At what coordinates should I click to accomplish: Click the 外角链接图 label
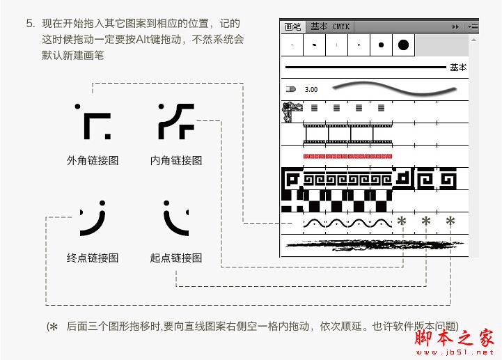(x=93, y=160)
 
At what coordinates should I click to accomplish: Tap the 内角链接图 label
(x=176, y=160)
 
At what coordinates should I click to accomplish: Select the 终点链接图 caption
(x=93, y=258)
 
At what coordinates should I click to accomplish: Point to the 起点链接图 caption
(x=176, y=258)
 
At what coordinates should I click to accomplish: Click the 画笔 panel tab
(x=292, y=27)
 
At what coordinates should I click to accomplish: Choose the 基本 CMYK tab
(x=330, y=26)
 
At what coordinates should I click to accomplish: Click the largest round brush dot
(x=403, y=45)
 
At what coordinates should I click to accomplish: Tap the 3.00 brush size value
(x=311, y=89)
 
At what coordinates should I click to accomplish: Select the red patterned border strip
(x=347, y=156)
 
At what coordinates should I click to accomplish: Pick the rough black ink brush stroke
(x=374, y=245)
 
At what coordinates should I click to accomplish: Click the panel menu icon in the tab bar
(x=473, y=27)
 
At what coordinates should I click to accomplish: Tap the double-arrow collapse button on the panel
(x=455, y=27)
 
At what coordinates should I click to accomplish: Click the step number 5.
(x=31, y=24)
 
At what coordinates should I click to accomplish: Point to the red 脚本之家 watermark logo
(x=454, y=337)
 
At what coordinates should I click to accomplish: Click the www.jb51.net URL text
(x=455, y=352)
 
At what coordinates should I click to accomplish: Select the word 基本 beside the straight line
(x=458, y=68)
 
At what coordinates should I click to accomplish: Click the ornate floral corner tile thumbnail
(x=292, y=112)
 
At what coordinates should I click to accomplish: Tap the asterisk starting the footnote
(x=54, y=327)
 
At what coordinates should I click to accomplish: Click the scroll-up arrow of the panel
(x=473, y=40)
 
